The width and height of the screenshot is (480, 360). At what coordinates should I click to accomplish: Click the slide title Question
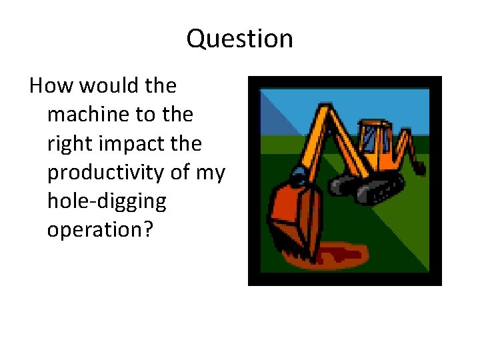pyautogui.click(x=239, y=39)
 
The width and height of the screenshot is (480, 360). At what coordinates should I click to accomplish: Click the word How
pyautogui.click(x=46, y=86)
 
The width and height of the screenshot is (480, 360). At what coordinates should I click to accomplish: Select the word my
pyautogui.click(x=210, y=173)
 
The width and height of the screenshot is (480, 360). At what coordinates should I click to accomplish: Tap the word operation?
pyautogui.click(x=99, y=230)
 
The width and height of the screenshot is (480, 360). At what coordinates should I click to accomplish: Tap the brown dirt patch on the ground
pyautogui.click(x=340, y=255)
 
